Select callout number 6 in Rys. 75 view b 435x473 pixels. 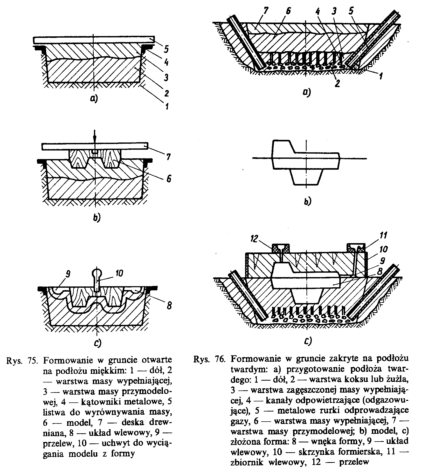coord(169,179)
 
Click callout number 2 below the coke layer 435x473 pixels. coord(337,84)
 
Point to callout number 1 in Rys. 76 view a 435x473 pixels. coord(381,76)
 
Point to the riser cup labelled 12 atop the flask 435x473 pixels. coord(281,249)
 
